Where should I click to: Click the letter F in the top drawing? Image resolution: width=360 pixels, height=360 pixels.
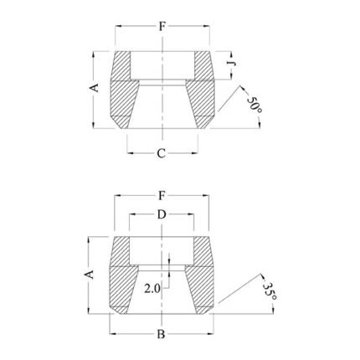(162, 26)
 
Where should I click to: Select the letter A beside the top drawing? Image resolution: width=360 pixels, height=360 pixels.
(94, 87)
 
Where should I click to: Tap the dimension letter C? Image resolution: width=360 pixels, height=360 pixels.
(162, 153)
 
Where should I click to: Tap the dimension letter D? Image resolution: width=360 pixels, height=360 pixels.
(162, 215)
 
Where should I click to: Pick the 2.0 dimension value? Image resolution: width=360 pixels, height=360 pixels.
(152, 289)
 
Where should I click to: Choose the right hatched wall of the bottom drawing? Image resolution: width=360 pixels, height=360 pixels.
(198, 276)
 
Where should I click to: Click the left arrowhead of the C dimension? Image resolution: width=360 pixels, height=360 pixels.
(131, 153)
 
